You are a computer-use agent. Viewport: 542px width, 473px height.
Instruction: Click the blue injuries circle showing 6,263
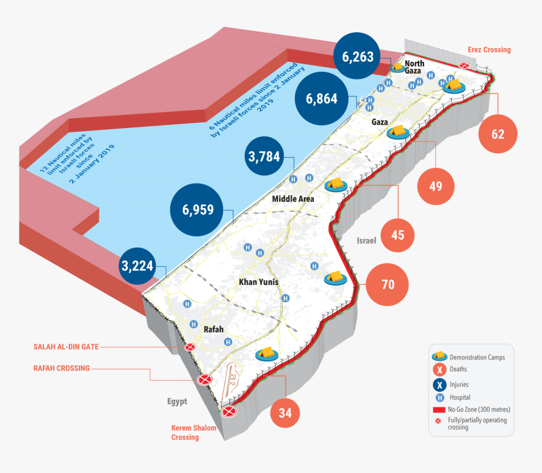click(x=359, y=57)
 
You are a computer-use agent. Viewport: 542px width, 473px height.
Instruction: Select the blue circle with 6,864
click(x=322, y=98)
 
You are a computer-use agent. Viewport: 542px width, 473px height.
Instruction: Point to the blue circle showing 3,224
click(x=137, y=266)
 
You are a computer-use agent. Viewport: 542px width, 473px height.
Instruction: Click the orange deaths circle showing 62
click(x=498, y=134)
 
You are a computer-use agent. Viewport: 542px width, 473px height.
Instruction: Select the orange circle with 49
click(x=435, y=186)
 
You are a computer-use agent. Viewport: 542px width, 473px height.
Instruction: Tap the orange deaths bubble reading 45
click(x=397, y=235)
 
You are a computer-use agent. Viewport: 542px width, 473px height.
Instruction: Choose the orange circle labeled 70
click(x=388, y=284)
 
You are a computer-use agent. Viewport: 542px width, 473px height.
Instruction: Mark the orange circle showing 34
click(x=285, y=414)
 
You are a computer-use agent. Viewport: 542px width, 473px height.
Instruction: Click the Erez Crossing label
click(x=489, y=49)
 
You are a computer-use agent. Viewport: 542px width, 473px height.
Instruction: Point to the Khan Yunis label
click(x=259, y=282)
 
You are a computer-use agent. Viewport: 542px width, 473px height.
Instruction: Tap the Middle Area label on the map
click(x=293, y=199)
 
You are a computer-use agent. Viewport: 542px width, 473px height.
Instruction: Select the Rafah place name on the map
click(x=214, y=329)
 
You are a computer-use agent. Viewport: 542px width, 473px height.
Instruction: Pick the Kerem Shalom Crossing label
click(x=193, y=433)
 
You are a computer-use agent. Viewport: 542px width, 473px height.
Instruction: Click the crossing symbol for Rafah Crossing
click(x=204, y=380)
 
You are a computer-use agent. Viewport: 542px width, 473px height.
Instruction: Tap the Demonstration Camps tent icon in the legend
click(x=439, y=357)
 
